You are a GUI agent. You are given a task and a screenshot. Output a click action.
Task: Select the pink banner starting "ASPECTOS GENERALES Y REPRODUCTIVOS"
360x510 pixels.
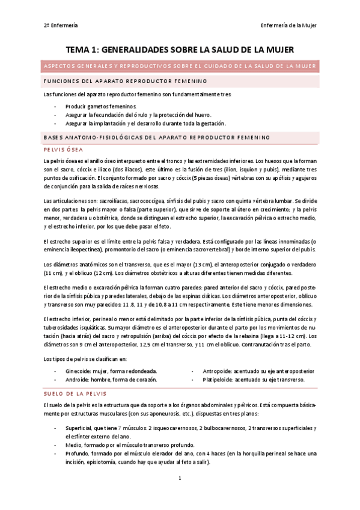click(x=180, y=66)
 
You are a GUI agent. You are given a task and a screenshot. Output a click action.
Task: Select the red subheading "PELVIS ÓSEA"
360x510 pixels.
click(x=63, y=150)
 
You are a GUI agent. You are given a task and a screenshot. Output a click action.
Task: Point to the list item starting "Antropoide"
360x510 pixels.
click(x=258, y=371)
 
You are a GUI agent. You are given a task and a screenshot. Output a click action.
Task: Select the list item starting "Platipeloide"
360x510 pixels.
click(x=253, y=379)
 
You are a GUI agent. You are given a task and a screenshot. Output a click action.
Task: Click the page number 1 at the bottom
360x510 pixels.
click(x=180, y=478)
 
